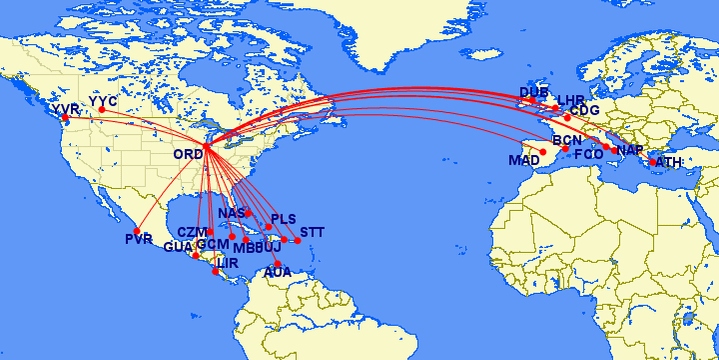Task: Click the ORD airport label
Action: click(187, 154)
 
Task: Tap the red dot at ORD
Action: click(205, 148)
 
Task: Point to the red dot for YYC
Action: click(101, 110)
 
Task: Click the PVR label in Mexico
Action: click(138, 238)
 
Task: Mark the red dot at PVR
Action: click(136, 231)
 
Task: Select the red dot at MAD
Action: click(543, 153)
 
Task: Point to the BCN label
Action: click(566, 141)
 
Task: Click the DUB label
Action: click(534, 93)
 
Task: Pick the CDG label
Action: click(584, 110)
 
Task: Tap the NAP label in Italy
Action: click(630, 150)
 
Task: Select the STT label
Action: click(311, 231)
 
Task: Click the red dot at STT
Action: click(297, 240)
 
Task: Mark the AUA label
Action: click(277, 272)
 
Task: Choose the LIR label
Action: click(229, 261)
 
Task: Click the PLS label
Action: click(283, 219)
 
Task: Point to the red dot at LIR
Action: click(216, 271)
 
